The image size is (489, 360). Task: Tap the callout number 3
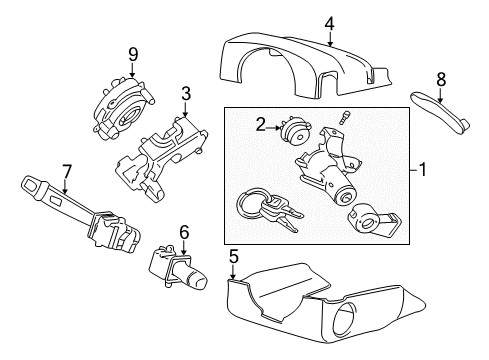click(x=185, y=94)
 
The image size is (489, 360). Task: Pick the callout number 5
click(x=233, y=256)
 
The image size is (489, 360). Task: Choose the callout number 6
click(x=183, y=231)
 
